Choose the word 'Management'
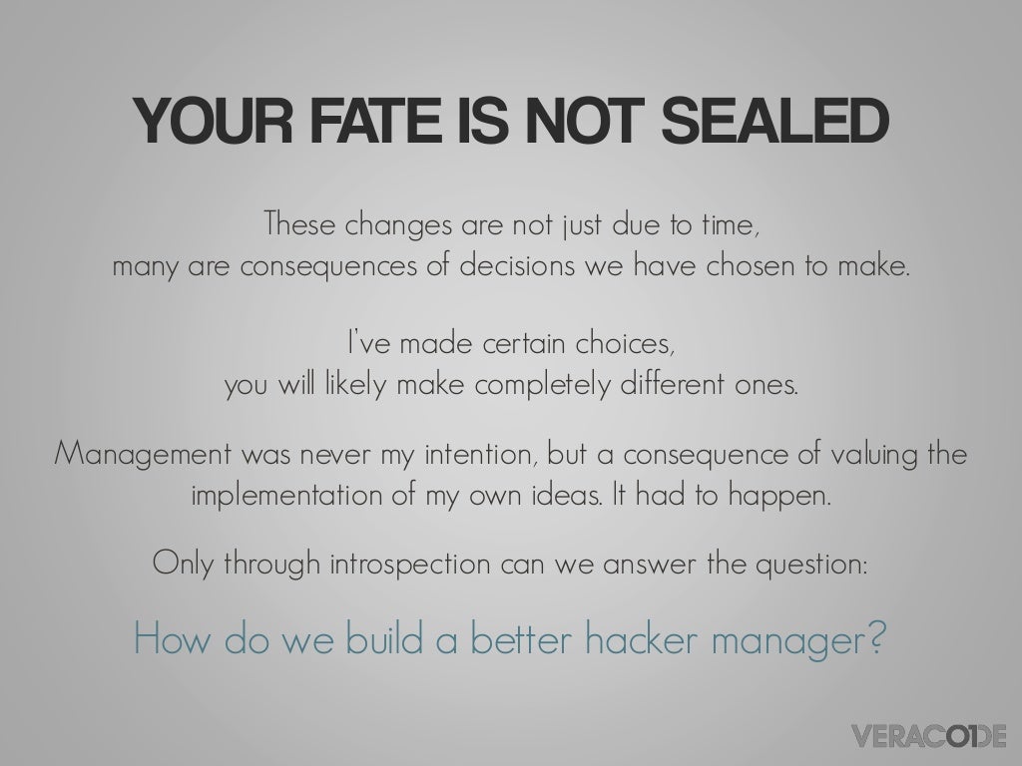point(139,456)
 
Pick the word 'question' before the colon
point(805,566)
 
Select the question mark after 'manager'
point(875,637)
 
